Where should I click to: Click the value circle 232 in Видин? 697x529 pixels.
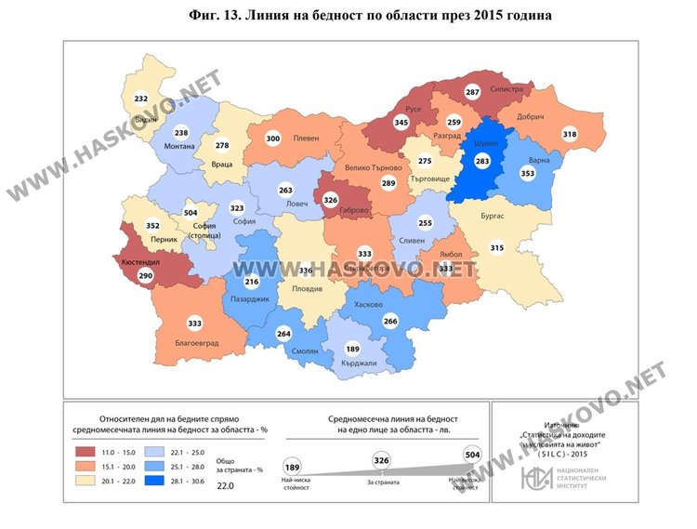[141, 99]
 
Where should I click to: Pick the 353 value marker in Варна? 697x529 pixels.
[528, 174]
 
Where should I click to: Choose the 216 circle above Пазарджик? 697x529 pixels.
[250, 281]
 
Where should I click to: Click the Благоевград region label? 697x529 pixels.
[196, 342]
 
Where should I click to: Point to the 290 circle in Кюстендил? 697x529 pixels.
[145, 277]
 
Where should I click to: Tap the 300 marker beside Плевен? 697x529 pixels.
[273, 139]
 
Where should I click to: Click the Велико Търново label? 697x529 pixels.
[373, 167]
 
